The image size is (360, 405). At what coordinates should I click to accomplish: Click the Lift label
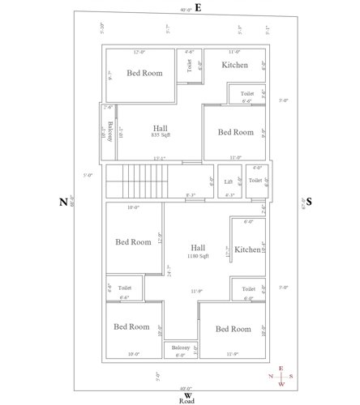228,181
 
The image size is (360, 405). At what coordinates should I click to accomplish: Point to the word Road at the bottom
187,400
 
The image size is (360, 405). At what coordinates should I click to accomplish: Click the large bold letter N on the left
62,202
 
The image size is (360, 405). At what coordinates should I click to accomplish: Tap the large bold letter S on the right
308,202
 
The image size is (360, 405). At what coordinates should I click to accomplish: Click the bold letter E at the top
197,7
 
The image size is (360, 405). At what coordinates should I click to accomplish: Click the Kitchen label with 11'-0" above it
234,65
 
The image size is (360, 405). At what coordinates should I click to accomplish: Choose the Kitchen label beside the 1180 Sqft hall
246,251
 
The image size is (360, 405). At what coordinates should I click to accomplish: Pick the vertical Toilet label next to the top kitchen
190,66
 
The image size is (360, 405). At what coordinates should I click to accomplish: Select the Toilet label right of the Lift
255,180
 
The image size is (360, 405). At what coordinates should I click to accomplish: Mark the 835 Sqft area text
161,135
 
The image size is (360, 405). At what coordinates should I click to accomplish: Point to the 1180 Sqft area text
198,256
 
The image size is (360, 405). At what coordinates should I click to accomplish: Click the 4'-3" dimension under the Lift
229,194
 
